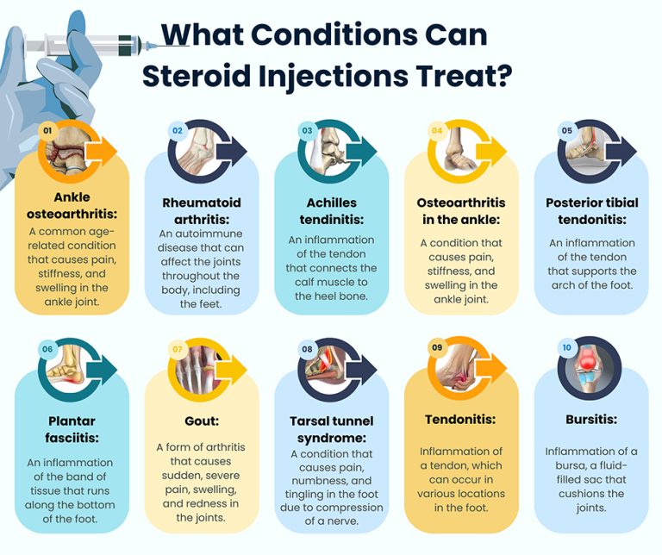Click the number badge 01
[48, 130]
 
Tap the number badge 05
[566, 131]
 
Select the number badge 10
[566, 347]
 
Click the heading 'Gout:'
[201, 421]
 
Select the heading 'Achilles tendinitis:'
[331, 210]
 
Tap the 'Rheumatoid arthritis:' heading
[201, 210]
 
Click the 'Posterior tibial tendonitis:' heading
[591, 210]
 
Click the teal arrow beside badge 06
[104, 369]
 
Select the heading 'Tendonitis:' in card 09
[460, 420]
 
